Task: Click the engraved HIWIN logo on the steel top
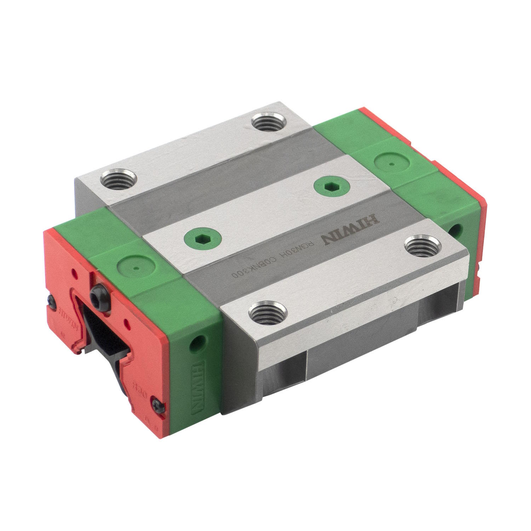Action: [350, 233]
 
